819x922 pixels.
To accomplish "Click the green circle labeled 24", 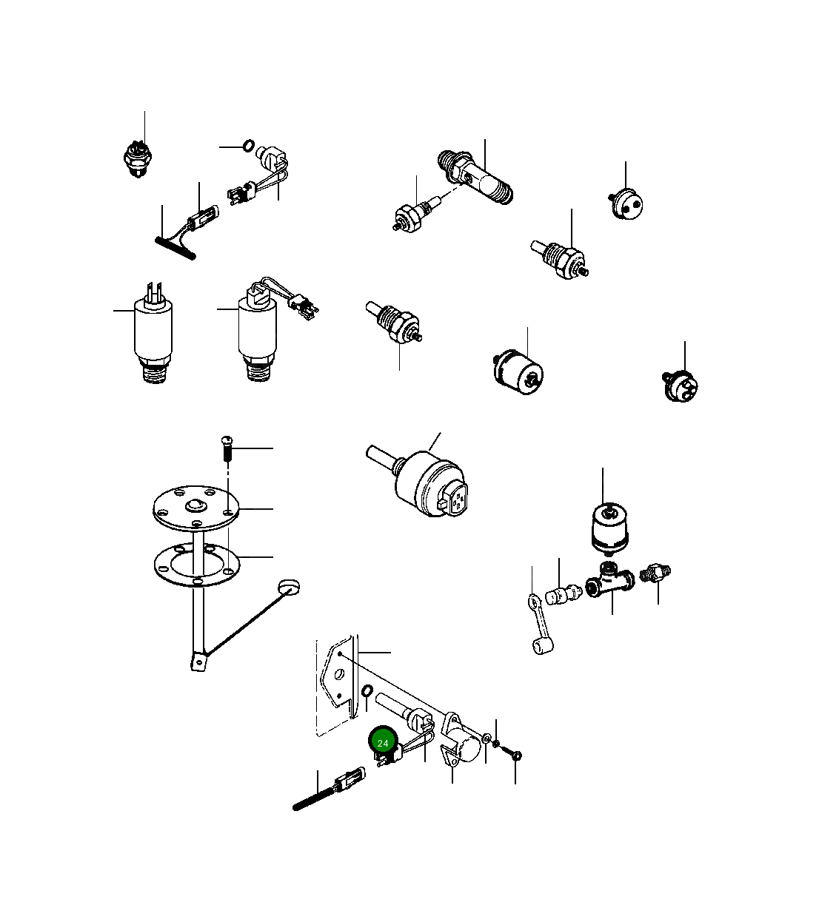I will (383, 742).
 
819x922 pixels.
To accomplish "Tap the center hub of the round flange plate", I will (196, 507).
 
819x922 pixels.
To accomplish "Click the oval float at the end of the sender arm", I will (289, 587).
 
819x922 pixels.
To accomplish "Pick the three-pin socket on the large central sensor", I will (453, 499).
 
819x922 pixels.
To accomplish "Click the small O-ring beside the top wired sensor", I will (249, 146).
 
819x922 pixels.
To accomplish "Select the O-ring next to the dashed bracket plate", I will (367, 691).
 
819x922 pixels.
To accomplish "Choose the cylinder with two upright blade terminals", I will (153, 331).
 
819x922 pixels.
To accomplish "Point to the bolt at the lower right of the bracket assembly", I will (515, 755).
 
